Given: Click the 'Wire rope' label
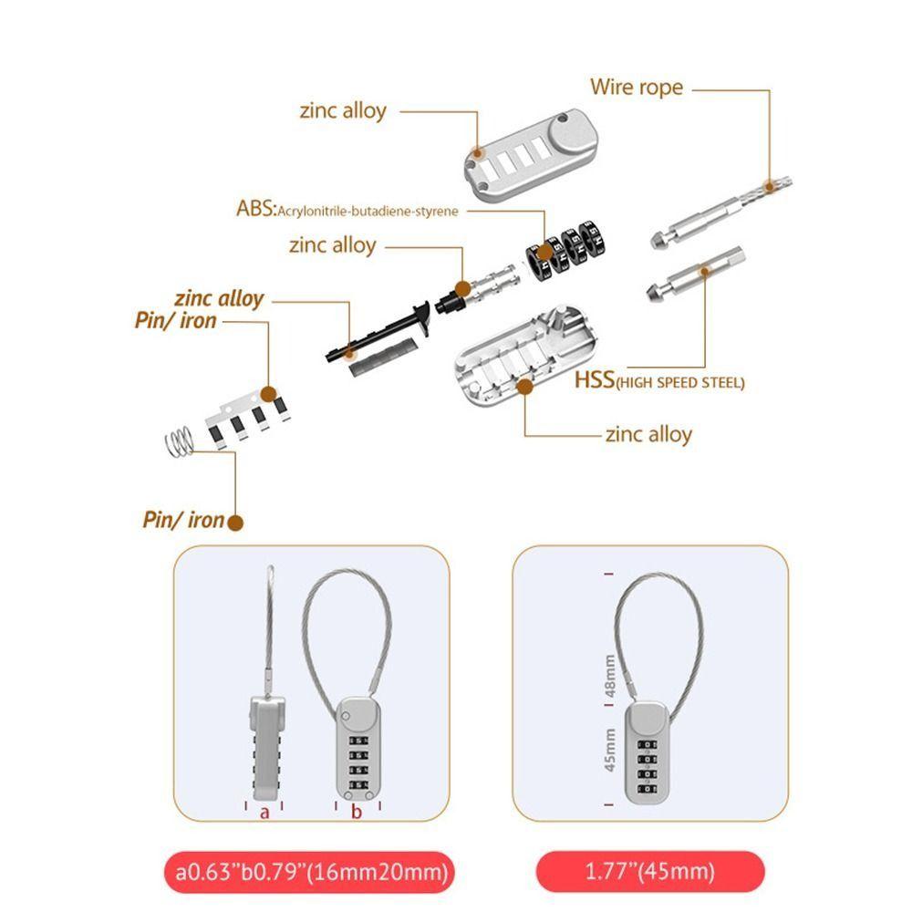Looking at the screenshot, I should tap(636, 88).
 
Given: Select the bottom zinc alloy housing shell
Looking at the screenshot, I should tap(527, 361).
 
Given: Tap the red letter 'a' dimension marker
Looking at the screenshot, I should tap(264, 812).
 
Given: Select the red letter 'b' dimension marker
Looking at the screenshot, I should tap(358, 812).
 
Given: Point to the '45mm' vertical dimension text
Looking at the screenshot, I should tap(610, 749).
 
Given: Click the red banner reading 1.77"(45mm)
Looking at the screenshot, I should tap(650, 872).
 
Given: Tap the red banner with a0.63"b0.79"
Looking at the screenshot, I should tap(306, 872).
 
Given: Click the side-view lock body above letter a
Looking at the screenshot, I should tap(264, 743).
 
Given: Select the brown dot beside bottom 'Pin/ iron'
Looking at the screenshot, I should tap(234, 523).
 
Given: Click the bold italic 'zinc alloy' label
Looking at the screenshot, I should tap(219, 298).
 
